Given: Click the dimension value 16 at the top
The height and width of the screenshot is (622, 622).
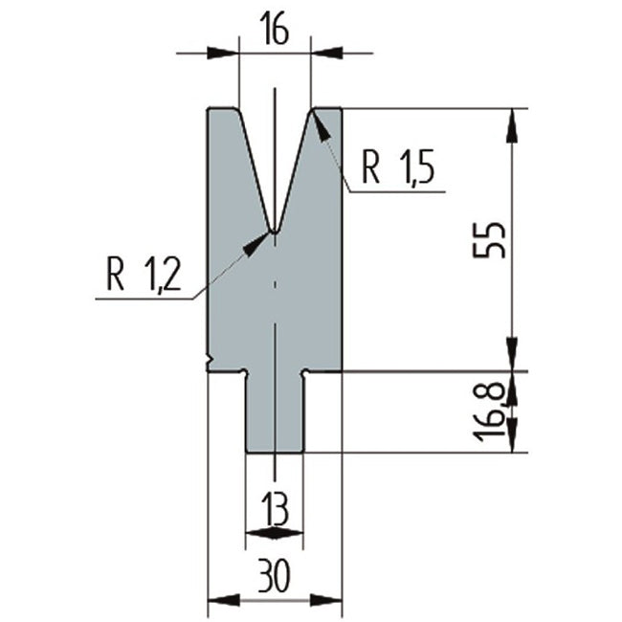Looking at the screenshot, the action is (x=275, y=29).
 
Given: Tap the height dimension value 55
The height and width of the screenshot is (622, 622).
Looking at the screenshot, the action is (x=489, y=240).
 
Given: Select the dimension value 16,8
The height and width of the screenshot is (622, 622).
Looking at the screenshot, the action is (x=489, y=412).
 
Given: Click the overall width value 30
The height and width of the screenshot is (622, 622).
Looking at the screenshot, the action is (x=275, y=574).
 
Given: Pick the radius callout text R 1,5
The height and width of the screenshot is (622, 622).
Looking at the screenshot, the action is (x=398, y=167).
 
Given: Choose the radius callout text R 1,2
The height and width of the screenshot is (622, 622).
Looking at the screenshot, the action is (x=144, y=274).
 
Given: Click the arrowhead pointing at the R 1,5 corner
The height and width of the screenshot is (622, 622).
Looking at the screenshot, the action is (x=322, y=127).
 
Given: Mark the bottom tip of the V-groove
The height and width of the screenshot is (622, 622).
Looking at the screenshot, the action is (x=274, y=232).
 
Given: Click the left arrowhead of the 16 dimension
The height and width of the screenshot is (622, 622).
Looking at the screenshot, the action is (x=223, y=53).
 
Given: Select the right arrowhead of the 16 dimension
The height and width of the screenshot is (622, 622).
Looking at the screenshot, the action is (x=327, y=53).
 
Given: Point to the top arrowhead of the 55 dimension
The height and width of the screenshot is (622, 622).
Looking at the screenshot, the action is (x=512, y=125).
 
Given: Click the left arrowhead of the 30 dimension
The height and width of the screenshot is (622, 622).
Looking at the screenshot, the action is (x=224, y=600).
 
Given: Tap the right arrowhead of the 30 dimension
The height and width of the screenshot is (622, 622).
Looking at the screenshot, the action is (x=325, y=600).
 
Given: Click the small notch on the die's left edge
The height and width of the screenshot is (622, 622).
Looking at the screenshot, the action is (x=210, y=359).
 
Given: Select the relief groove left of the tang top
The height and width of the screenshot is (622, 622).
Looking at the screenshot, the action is (x=244, y=373).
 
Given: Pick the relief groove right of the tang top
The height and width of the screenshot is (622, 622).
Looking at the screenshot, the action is (x=305, y=373).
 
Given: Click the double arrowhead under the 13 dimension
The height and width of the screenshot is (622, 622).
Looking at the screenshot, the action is (x=275, y=533).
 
